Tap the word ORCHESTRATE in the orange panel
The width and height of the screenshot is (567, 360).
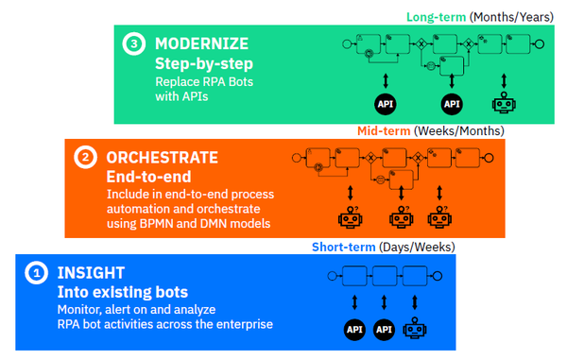click(162, 157)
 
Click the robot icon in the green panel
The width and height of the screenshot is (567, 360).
click(503, 102)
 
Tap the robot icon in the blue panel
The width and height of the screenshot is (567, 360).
click(415, 330)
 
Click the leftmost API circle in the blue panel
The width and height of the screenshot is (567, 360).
click(354, 330)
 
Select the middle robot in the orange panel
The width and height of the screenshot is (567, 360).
click(401, 217)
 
